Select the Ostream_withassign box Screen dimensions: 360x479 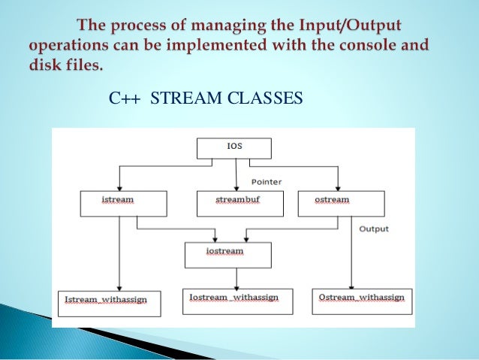[x=361, y=300]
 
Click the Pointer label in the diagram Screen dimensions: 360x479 [x=267, y=182]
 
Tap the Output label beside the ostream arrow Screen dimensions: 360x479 [x=374, y=228]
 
